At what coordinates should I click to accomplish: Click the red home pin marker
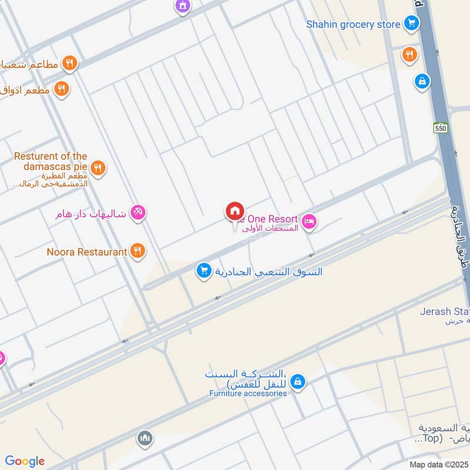pyautogui.click(x=234, y=211)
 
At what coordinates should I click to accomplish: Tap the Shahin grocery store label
pyautogui.click(x=352, y=24)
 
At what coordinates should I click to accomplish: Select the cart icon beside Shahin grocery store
pyautogui.click(x=411, y=24)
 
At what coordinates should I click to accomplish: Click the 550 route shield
pyautogui.click(x=441, y=127)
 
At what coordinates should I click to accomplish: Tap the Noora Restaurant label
pyautogui.click(x=87, y=252)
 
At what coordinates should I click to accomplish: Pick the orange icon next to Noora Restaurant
pyautogui.click(x=137, y=252)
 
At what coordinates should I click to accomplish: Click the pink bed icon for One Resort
pyautogui.click(x=310, y=221)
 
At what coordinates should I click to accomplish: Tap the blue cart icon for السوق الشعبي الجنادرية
pyautogui.click(x=204, y=271)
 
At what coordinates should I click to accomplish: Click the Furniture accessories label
pyautogui.click(x=248, y=393)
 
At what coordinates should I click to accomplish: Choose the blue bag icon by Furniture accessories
pyautogui.click(x=298, y=382)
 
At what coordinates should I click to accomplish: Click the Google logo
pyautogui.click(x=25, y=461)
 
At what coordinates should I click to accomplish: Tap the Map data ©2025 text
pyautogui.click(x=437, y=464)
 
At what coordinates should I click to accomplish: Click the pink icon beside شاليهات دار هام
pyautogui.click(x=138, y=213)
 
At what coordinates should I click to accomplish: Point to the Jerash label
pyautogui.click(x=444, y=311)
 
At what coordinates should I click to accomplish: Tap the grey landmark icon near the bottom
pyautogui.click(x=145, y=438)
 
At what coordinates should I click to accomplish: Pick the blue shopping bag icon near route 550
pyautogui.click(x=421, y=82)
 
